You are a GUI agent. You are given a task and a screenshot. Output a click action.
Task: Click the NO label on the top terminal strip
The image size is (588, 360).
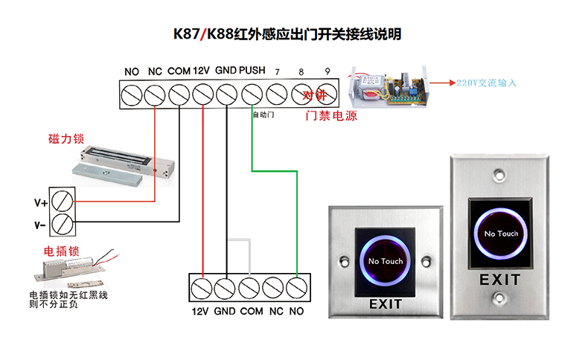click(132, 71)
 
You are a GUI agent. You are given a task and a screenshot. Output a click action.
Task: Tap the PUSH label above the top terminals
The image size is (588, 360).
click(252, 71)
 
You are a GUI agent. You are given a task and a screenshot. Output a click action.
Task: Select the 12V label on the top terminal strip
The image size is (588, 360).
click(202, 71)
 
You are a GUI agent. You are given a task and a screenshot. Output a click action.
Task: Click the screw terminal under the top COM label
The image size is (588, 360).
click(179, 95)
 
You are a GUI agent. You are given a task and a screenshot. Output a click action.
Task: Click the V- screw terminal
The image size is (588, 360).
click(63, 222)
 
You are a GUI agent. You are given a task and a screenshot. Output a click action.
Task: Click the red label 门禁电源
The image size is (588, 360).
click(332, 117)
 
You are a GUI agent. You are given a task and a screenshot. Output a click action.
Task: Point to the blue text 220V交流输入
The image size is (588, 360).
click(486, 83)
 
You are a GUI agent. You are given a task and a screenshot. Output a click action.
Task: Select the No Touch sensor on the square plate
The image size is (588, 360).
click(386, 261)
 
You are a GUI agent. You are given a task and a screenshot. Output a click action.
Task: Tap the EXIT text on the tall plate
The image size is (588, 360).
click(500, 280)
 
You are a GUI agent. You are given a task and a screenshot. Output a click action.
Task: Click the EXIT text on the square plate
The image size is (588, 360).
click(386, 303)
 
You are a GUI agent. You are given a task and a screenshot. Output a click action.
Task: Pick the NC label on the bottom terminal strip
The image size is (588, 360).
click(276, 312)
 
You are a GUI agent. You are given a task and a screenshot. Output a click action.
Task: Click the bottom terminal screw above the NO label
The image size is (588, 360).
click(297, 287)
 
